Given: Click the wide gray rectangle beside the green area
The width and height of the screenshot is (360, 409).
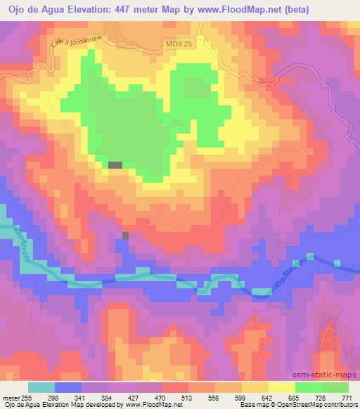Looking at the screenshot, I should pyautogui.click(x=115, y=164).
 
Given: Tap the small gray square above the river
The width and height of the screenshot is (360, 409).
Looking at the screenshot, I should pyautogui.click(x=126, y=235).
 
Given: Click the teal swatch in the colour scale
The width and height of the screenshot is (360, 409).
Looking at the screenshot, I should pyautogui.click(x=42, y=387).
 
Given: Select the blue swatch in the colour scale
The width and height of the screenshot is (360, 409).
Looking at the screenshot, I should pyautogui.click(x=69, y=387).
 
